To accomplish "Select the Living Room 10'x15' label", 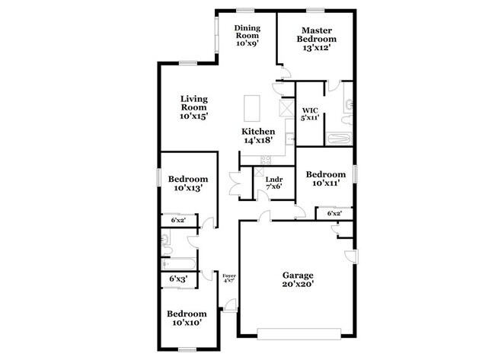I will tap(193, 107).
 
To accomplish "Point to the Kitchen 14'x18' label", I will tap(258, 136).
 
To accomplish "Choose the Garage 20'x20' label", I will tap(298, 279).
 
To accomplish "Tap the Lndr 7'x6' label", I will tap(273, 182).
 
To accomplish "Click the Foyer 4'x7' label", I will tap(228, 277).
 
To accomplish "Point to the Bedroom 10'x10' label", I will tap(187, 318).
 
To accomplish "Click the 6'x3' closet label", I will tap(179, 279).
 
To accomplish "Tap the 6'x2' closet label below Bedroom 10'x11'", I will tap(334, 214).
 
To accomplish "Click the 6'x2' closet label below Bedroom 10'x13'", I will tap(178, 220).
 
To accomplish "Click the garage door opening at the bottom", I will tap(300, 333).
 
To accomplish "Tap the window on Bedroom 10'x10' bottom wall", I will tap(187, 349).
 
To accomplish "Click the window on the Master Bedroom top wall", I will tap(315, 9).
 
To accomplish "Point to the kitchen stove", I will tap(266, 159).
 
